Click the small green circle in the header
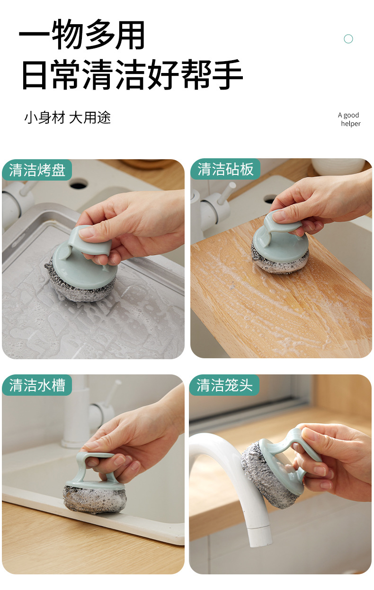(x=348, y=39)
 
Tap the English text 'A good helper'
(x=349, y=119)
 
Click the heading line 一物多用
(x=82, y=34)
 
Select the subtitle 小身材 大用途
(x=67, y=118)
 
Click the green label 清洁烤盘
(x=37, y=170)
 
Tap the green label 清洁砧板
(x=225, y=169)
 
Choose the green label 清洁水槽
(x=37, y=385)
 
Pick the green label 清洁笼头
(x=224, y=385)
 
